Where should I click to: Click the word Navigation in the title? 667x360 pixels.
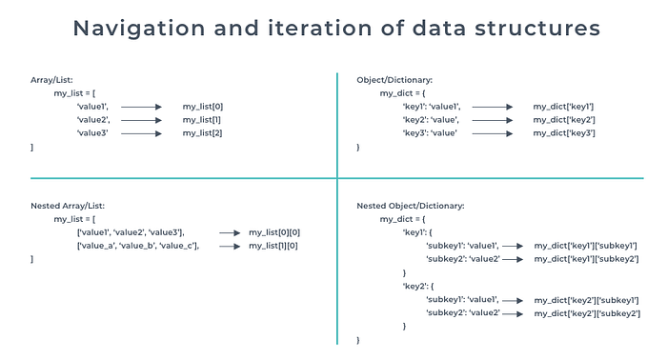tap(139, 29)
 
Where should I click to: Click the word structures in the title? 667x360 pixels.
tap(537, 29)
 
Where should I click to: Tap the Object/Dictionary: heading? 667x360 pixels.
tap(394, 80)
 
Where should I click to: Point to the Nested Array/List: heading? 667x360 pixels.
tap(68, 206)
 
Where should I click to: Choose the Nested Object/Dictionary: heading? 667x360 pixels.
tap(411, 206)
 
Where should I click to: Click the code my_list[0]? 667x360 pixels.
tap(203, 107)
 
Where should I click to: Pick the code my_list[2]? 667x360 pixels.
tap(202, 133)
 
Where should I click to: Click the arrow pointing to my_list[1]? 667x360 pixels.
tap(141, 120)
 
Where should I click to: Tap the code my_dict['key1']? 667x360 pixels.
tap(563, 107)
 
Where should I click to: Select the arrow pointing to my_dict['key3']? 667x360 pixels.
tap(493, 133)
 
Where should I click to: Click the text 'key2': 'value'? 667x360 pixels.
tap(431, 120)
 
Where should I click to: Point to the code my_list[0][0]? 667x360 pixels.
tap(274, 232)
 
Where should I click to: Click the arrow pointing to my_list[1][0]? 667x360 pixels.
tap(231, 246)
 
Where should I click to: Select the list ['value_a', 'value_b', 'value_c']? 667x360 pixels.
tap(138, 246)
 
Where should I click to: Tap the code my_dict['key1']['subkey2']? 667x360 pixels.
tap(587, 259)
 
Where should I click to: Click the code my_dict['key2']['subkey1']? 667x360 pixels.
tap(587, 301)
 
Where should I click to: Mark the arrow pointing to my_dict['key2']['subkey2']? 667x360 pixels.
tap(513, 314)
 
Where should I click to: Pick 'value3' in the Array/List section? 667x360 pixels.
tap(92, 133)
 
